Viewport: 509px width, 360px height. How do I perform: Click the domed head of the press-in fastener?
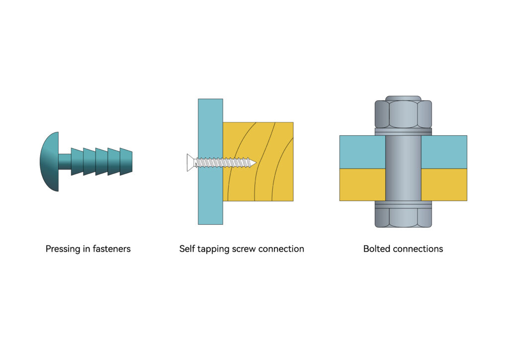pyautogui.click(x=49, y=161)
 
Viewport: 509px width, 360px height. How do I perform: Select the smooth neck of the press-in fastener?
pyautogui.click(x=65, y=161)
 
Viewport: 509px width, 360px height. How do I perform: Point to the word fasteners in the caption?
pyautogui.click(x=112, y=249)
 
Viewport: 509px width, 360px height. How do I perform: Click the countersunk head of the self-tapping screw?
pyautogui.click(x=191, y=163)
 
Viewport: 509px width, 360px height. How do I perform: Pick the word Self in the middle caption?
pyautogui.click(x=187, y=249)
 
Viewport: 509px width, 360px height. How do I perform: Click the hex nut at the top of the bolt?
pyautogui.click(x=403, y=114)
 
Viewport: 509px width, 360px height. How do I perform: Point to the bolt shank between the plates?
pyautogui.click(x=403, y=168)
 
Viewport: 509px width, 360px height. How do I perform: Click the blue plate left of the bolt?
pyautogui.click(x=362, y=152)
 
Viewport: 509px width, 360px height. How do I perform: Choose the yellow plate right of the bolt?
pyautogui.click(x=444, y=184)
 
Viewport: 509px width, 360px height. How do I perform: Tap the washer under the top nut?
pyautogui.click(x=403, y=131)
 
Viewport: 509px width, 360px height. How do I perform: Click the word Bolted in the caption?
pyautogui.click(x=377, y=249)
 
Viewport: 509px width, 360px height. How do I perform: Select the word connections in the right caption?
pyautogui.click(x=418, y=249)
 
